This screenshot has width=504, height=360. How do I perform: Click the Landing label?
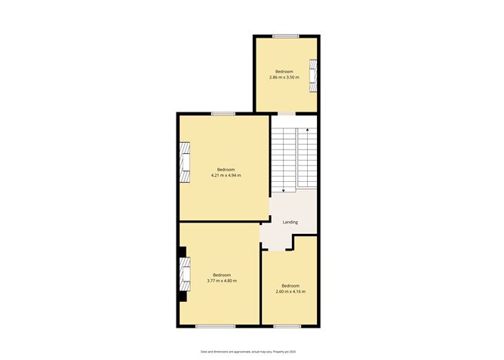click(x=290, y=223)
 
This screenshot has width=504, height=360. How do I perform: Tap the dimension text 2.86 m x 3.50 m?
click(x=284, y=77)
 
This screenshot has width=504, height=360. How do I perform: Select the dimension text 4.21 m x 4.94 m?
click(x=226, y=175)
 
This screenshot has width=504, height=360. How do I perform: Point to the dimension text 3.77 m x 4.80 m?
click(x=222, y=281)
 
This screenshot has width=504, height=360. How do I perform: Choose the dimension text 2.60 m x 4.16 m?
click(x=290, y=291)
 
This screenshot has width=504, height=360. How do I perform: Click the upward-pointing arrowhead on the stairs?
click(x=307, y=130)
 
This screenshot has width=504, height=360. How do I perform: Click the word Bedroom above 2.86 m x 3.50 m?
click(x=284, y=72)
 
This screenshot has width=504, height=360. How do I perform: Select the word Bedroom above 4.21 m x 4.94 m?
click(x=226, y=169)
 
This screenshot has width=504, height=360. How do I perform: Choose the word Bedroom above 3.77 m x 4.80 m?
click(x=222, y=275)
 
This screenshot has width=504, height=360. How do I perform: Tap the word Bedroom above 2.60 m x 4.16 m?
click(x=290, y=285)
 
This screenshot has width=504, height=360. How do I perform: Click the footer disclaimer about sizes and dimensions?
click(x=251, y=352)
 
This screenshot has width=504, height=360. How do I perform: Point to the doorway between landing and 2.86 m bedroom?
click(x=287, y=114)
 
